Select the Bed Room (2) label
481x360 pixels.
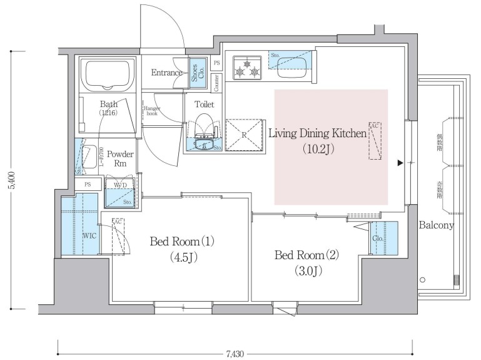pyautogui.click(x=306, y=262)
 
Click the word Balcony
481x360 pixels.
pyautogui.click(x=436, y=225)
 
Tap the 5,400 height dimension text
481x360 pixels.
pyautogui.click(x=11, y=181)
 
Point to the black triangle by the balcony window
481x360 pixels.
pyautogui.click(x=400, y=163)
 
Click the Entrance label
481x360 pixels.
pyautogui.click(x=167, y=73)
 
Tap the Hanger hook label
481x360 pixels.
pyautogui.click(x=152, y=111)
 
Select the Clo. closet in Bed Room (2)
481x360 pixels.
pyautogui.click(x=378, y=239)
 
